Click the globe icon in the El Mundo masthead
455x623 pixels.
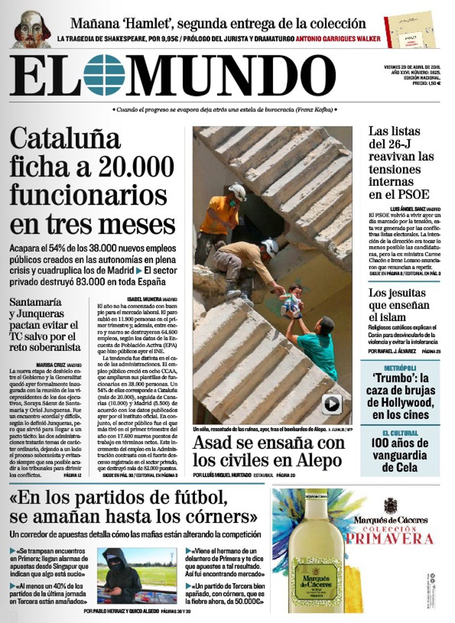tap(104, 74)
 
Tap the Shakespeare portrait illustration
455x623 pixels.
tap(32, 29)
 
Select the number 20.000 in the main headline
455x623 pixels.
tap(135, 167)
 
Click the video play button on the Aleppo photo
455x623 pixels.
tap(332, 404)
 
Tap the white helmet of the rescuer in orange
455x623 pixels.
tap(237, 191)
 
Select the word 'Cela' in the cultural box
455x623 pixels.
tap(405, 468)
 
